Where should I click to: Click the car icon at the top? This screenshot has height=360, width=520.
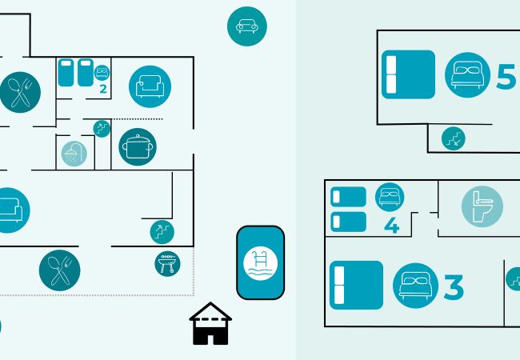coord(247,26)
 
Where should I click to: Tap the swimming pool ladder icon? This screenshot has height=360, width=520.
coord(260,262)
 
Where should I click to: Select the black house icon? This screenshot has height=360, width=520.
coord(210,324)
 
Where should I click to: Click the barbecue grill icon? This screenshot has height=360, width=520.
coord(167,262)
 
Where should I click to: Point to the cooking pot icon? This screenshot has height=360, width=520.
coord(138,146)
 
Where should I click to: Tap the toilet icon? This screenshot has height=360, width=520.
coord(482,206)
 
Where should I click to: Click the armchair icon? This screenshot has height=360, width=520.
coord(150,86)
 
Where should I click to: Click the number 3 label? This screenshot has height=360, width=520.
coord(454,286)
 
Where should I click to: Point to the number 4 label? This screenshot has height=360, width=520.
coord(391,226)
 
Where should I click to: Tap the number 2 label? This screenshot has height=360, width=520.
coord(103,88)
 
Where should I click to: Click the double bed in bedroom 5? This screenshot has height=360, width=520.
coord(408,74)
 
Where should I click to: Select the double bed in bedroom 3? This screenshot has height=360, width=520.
coord(356,285)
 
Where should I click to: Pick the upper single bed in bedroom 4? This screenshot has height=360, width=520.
coord(348,196)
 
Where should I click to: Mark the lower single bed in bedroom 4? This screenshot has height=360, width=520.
coord(348,222)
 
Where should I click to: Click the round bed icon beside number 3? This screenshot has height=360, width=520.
coord(415,285)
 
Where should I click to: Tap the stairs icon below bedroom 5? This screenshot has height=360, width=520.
coord(454,138)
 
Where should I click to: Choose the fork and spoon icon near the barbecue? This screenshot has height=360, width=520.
coord(59,270)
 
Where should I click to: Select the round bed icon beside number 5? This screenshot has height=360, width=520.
coord(466,74)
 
